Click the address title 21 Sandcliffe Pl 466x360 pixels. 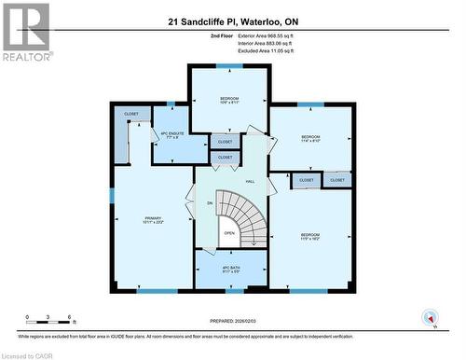(x=233, y=21)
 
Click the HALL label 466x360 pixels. (x=250, y=181)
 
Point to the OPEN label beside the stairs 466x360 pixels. (x=229, y=233)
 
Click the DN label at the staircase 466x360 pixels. (x=210, y=202)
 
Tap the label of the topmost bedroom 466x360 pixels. (x=229, y=99)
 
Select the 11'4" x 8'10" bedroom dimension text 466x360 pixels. (x=310, y=141)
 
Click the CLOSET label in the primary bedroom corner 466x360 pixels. (x=131, y=114)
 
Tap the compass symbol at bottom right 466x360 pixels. (x=430, y=318)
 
